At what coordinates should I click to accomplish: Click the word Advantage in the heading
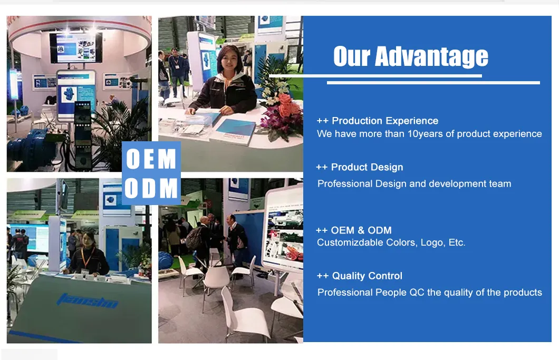[431, 57]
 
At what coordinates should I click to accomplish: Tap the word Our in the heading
[352, 57]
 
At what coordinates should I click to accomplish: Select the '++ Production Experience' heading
[377, 121]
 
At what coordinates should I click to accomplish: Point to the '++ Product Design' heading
[359, 167]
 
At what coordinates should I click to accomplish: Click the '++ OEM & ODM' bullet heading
[353, 230]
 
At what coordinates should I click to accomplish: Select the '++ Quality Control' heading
[359, 276]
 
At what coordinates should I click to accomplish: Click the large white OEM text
[151, 160]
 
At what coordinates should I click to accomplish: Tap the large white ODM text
[151, 189]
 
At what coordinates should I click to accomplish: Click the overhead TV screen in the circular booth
[76, 47]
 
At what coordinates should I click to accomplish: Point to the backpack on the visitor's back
[194, 238]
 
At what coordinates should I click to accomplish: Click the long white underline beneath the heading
[433, 83]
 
